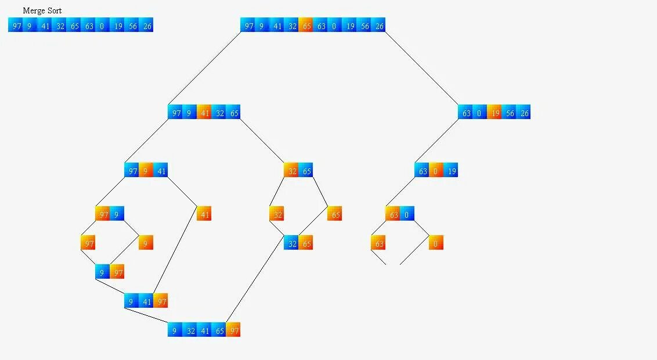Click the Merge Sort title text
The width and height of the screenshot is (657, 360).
[42, 10]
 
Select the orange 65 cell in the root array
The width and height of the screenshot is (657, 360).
[306, 25]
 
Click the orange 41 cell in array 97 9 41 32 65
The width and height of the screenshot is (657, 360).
[204, 112]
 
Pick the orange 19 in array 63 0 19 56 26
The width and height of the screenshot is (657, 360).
[494, 112]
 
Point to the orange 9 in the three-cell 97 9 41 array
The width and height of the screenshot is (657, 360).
[146, 170]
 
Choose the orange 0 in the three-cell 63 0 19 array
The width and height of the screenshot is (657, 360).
[436, 170]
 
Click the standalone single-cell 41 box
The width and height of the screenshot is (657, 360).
[204, 214]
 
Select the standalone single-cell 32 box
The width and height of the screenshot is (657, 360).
[277, 214]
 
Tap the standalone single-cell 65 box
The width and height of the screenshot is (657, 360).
[335, 214]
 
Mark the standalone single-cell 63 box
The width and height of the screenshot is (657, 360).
[378, 243]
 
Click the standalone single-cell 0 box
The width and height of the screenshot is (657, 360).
[436, 243]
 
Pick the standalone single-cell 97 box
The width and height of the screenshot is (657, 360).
[88, 243]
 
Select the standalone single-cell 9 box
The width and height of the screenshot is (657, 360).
[146, 243]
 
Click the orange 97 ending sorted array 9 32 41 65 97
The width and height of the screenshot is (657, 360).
[233, 330]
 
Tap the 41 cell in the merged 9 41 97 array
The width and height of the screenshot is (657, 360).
[146, 301]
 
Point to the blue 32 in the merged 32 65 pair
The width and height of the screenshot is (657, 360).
[291, 243]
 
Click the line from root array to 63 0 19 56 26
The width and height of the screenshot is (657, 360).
[421, 68]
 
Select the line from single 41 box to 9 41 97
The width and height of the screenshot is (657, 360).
[176, 254]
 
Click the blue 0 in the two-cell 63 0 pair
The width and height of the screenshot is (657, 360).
[407, 214]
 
